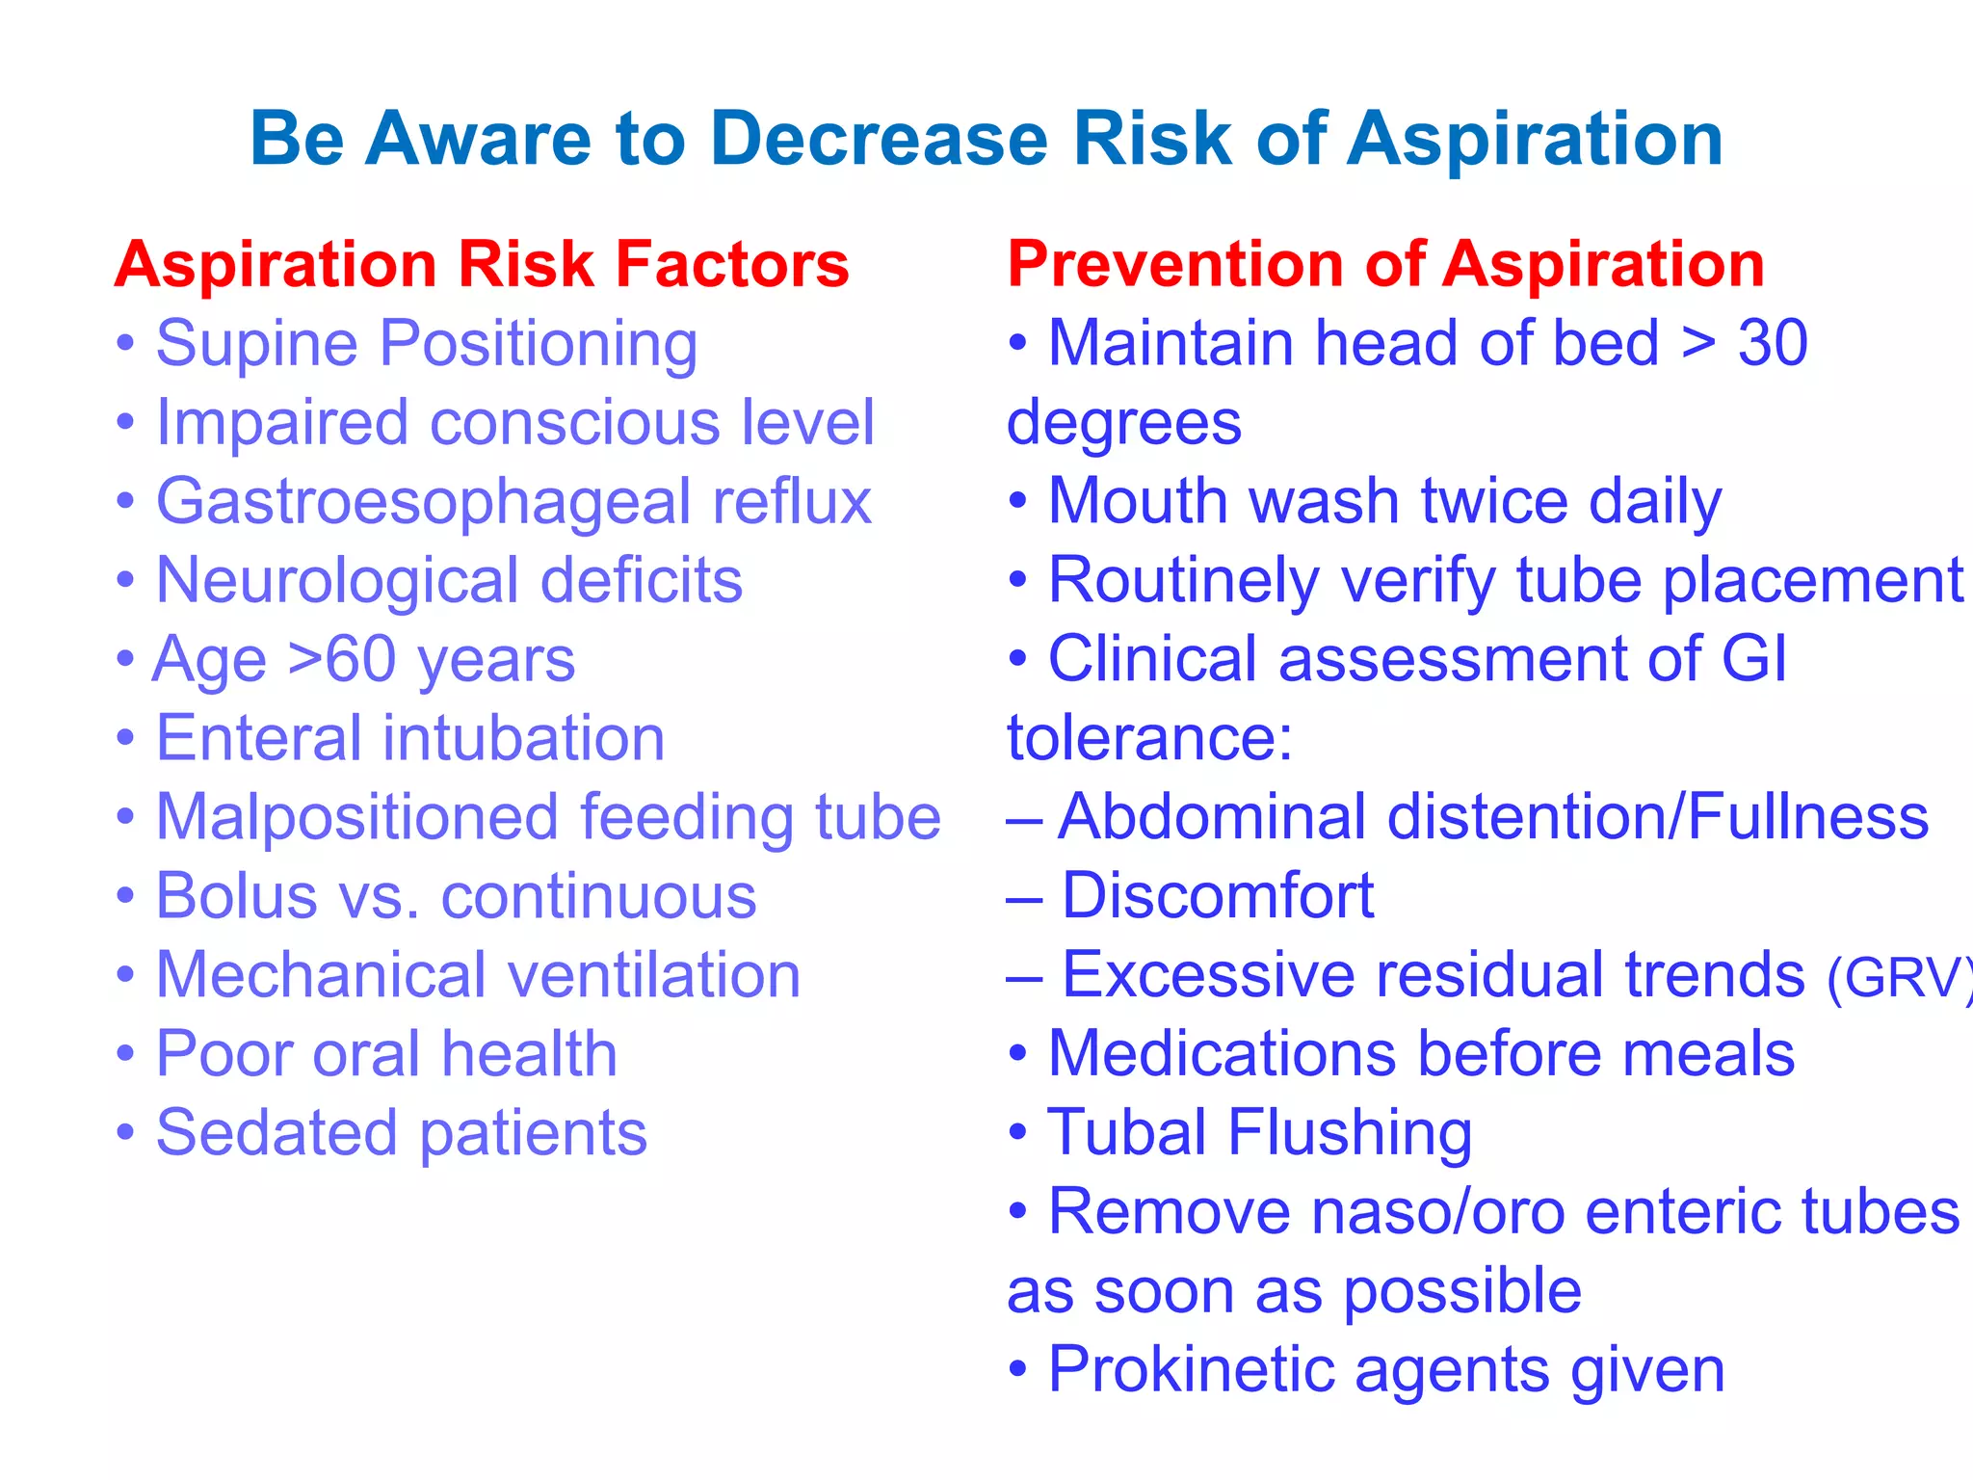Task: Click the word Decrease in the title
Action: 878,140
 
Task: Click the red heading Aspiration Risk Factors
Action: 482,265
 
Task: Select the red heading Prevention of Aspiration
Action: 1385,265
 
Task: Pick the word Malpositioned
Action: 357,817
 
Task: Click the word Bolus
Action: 236,896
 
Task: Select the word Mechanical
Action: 321,975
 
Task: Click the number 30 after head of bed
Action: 1773,343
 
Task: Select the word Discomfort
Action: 1218,896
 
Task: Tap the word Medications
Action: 1222,1053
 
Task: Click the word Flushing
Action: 1349,1133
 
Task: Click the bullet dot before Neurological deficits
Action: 125,581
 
